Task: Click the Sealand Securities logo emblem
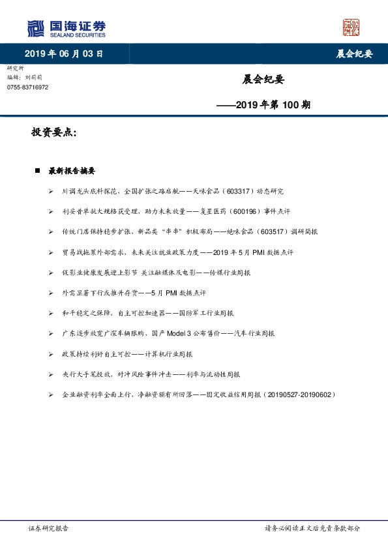[36, 28]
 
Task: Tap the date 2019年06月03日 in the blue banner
[64, 53]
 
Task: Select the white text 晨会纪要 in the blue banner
[354, 54]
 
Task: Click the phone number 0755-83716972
[27, 87]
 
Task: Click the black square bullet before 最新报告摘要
[38, 171]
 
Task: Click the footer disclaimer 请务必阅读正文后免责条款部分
[312, 528]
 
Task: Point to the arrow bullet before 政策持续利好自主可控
[50, 354]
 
